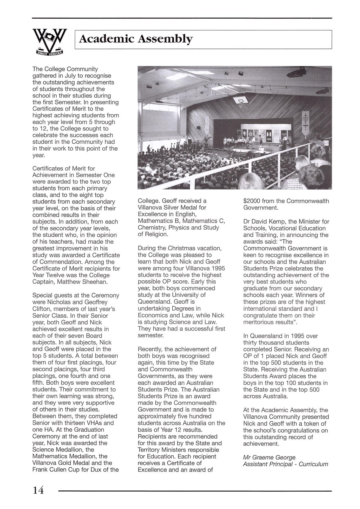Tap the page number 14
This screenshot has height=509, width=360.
point(38,490)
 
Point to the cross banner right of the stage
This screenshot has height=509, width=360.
point(305,123)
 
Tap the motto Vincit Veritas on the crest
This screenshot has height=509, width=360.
point(49,52)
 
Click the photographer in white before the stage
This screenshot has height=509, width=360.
point(262,149)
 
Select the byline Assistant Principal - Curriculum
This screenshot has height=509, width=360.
point(285,464)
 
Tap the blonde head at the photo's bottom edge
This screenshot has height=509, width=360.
point(251,181)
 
